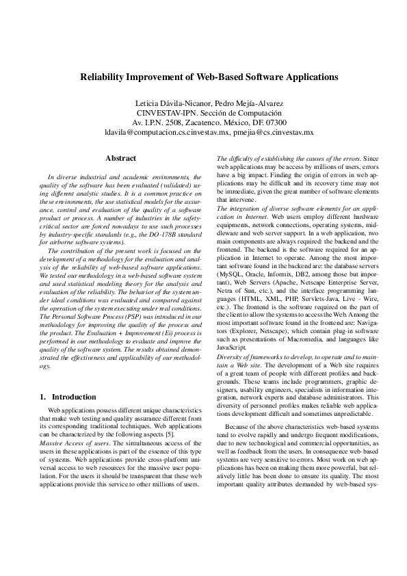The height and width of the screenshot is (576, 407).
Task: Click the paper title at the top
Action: tap(203, 78)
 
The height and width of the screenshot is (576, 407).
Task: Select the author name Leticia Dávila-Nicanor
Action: tap(170, 103)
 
